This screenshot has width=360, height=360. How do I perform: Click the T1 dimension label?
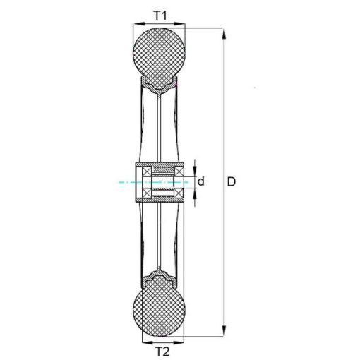[x=160, y=16]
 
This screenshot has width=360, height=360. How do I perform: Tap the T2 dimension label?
[x=162, y=352]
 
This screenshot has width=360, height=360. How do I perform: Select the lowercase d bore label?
[x=200, y=181]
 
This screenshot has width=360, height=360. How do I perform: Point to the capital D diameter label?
[x=232, y=182]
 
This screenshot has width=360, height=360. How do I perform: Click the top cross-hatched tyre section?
[x=159, y=59]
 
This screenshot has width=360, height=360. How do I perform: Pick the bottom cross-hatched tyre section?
[x=159, y=306]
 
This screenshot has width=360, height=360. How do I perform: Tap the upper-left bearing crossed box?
[x=147, y=171]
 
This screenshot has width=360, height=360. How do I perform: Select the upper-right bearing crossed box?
[x=179, y=171]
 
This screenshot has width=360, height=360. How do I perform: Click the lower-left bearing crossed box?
[x=147, y=193]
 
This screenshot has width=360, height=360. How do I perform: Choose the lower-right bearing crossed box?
[x=179, y=193]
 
